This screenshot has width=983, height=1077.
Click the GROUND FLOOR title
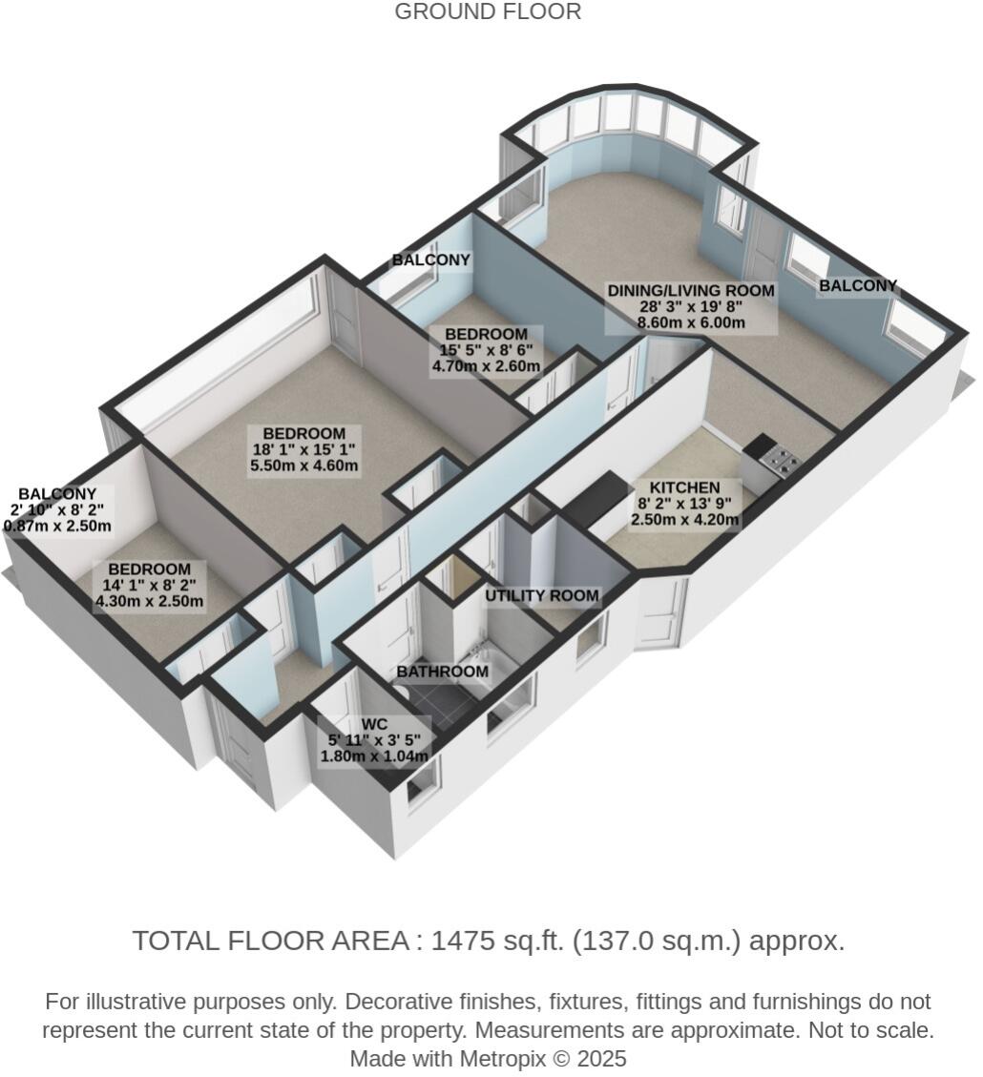487,12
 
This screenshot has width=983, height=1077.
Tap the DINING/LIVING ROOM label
692,290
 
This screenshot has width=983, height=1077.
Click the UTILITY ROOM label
541,596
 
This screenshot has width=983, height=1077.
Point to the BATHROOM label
442,672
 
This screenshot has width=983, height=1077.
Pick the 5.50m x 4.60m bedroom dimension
303,466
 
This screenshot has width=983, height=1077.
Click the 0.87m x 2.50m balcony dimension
58,526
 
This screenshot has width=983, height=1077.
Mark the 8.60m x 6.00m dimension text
691,323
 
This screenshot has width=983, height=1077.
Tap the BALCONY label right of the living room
858,285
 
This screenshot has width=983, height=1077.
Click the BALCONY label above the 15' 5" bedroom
431,259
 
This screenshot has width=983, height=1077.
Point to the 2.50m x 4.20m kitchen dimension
684,520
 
